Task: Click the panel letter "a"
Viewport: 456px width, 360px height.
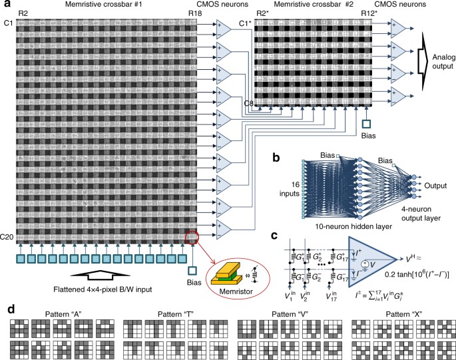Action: click(6, 5)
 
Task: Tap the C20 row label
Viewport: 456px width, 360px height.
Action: click(9, 237)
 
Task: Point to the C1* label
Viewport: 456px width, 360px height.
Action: click(245, 24)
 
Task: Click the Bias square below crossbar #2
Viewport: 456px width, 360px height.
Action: click(365, 123)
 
